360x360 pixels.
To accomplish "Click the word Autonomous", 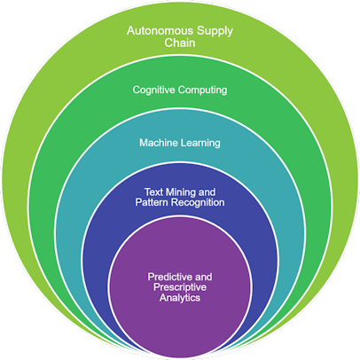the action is point(160,30).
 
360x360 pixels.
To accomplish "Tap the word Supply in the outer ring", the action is point(215,32).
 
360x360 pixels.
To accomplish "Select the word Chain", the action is point(180,43).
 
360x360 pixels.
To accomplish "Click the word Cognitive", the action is point(153,90).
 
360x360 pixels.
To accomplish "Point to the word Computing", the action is point(202,90).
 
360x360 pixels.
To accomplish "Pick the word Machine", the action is point(159,143).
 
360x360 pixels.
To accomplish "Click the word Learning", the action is point(200,144).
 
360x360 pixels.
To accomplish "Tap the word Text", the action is point(153,192).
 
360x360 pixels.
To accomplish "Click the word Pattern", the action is point(152,202).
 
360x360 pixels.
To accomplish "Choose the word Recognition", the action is point(198,203).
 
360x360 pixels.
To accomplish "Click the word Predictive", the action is point(169,277).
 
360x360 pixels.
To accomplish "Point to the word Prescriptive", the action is point(180,287).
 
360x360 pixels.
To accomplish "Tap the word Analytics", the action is point(180,298).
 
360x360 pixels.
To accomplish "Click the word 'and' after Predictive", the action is point(203,277).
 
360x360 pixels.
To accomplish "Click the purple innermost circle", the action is point(180,286).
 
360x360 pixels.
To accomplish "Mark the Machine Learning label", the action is point(180,144).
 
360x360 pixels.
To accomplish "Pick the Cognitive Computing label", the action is point(180,90).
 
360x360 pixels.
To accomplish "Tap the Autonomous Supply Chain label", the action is point(180,37).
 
